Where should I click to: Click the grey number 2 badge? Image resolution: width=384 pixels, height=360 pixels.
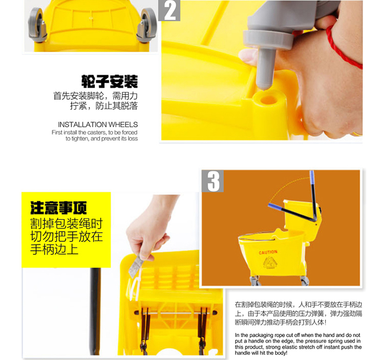pos(169,10)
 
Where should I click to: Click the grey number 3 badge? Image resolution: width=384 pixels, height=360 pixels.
pos(212,181)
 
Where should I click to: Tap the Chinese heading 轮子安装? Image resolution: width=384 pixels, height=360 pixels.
pos(110,81)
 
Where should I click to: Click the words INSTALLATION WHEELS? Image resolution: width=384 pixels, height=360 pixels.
pos(98,124)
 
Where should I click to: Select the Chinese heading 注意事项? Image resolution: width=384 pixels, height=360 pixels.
pos(58,208)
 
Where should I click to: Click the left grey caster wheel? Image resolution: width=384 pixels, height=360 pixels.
pos(37,25)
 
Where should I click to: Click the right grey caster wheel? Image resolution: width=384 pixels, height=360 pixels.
pos(147,25)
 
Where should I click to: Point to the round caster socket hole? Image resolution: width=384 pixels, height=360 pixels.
pos(268,100)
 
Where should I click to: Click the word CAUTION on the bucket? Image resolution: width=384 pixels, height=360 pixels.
pos(268,252)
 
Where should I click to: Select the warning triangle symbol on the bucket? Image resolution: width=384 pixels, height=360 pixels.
pos(270,262)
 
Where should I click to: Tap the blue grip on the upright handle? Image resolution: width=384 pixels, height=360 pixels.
pos(312,177)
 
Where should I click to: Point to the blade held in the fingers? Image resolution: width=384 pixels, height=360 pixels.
pos(135,265)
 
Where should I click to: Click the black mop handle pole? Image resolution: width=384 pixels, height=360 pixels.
pos(95,311)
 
